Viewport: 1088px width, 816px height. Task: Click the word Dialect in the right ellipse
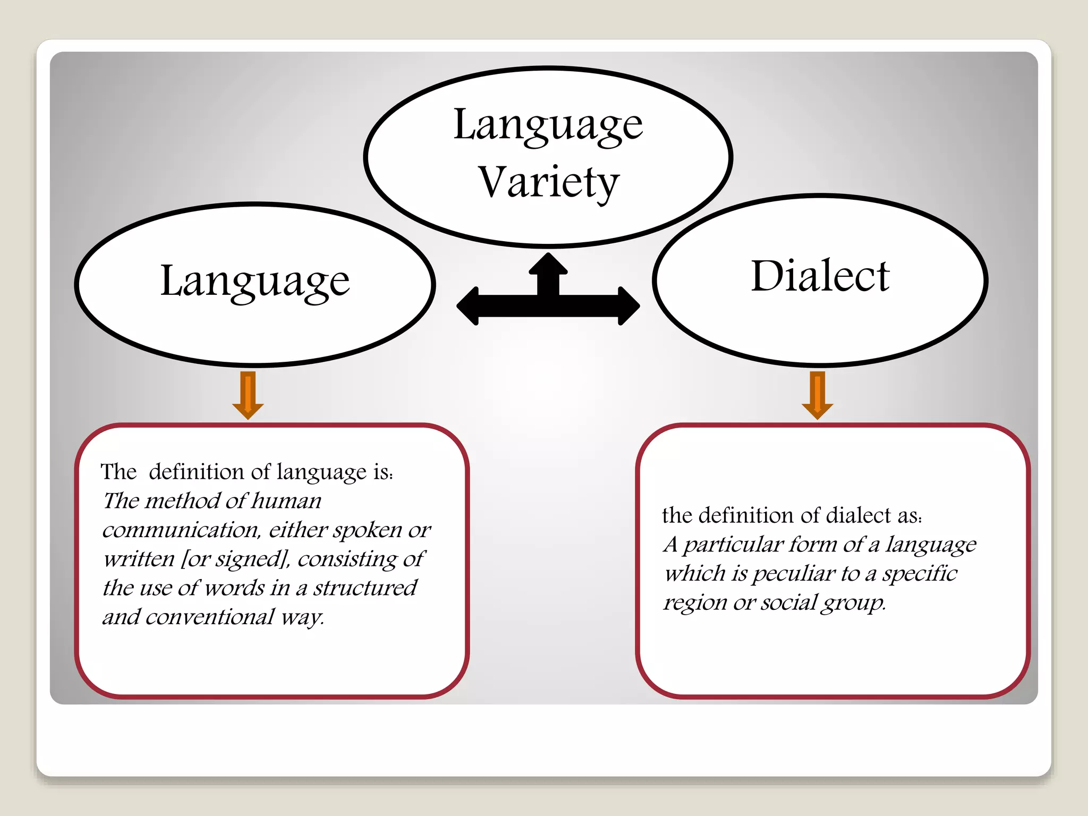820,276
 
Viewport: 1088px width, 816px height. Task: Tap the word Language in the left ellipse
255,282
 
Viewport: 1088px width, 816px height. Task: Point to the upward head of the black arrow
548,264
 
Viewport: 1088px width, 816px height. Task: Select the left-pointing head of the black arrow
470,306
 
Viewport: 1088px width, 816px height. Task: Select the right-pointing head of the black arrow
627,306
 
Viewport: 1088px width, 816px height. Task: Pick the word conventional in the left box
210,617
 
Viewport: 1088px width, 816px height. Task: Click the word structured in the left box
365,588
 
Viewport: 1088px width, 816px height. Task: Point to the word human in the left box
286,501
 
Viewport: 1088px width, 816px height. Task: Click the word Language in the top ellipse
548,126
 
